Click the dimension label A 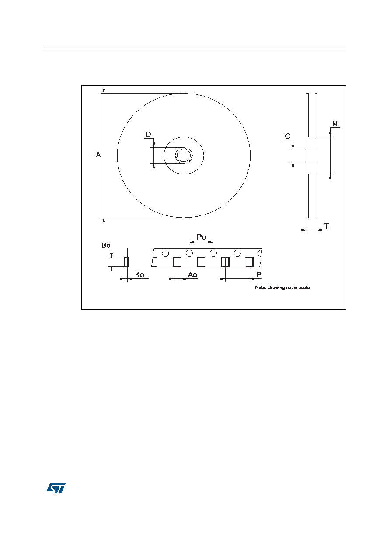pos(98,155)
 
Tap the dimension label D pos(148,134)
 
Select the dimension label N pos(334,124)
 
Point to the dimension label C pos(287,136)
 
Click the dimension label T pos(327,226)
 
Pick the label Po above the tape pos(202,237)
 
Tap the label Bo pos(106,246)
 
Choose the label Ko pos(139,274)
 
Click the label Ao pos(192,274)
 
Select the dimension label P pos(259,274)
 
